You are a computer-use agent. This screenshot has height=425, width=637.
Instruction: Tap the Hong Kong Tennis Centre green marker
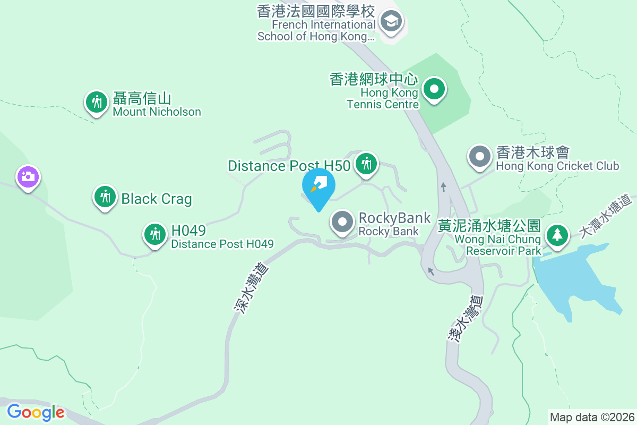point(434,89)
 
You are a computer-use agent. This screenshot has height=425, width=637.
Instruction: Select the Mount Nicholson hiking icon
point(97,101)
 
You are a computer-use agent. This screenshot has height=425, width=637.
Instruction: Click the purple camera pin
point(28,176)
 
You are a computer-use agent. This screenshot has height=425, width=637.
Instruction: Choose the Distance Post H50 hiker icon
point(366,164)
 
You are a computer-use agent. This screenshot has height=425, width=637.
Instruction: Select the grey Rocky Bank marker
point(343,222)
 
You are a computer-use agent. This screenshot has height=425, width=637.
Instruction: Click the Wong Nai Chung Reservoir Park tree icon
point(557,234)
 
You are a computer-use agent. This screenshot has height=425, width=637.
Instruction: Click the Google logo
point(36,412)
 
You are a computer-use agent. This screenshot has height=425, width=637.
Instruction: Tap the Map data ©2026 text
point(592,417)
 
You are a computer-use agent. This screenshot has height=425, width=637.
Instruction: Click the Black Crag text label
point(157,199)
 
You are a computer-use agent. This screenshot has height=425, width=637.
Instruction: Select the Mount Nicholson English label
point(157,112)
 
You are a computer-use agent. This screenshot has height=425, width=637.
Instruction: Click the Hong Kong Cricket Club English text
point(557,166)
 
